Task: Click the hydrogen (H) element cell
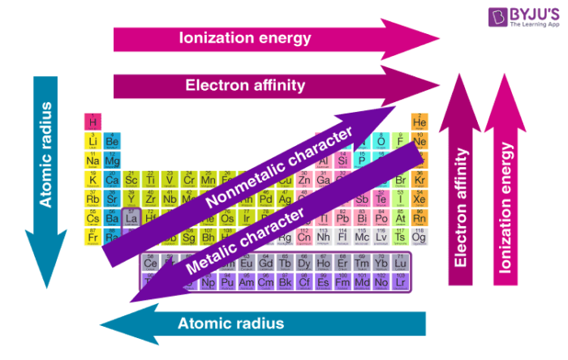tap(93, 122)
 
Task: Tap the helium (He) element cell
tap(420, 122)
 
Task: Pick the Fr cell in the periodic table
tap(93, 237)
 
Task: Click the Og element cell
tap(420, 237)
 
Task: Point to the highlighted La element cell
tap(131, 217)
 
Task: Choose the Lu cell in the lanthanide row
tap(400, 263)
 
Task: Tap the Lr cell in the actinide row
tap(400, 281)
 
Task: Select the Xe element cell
tap(420, 199)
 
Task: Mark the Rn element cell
tap(420, 217)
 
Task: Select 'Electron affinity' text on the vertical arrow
tap(462, 207)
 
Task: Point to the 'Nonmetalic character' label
tap(279, 166)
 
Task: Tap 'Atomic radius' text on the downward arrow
tap(45, 154)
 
